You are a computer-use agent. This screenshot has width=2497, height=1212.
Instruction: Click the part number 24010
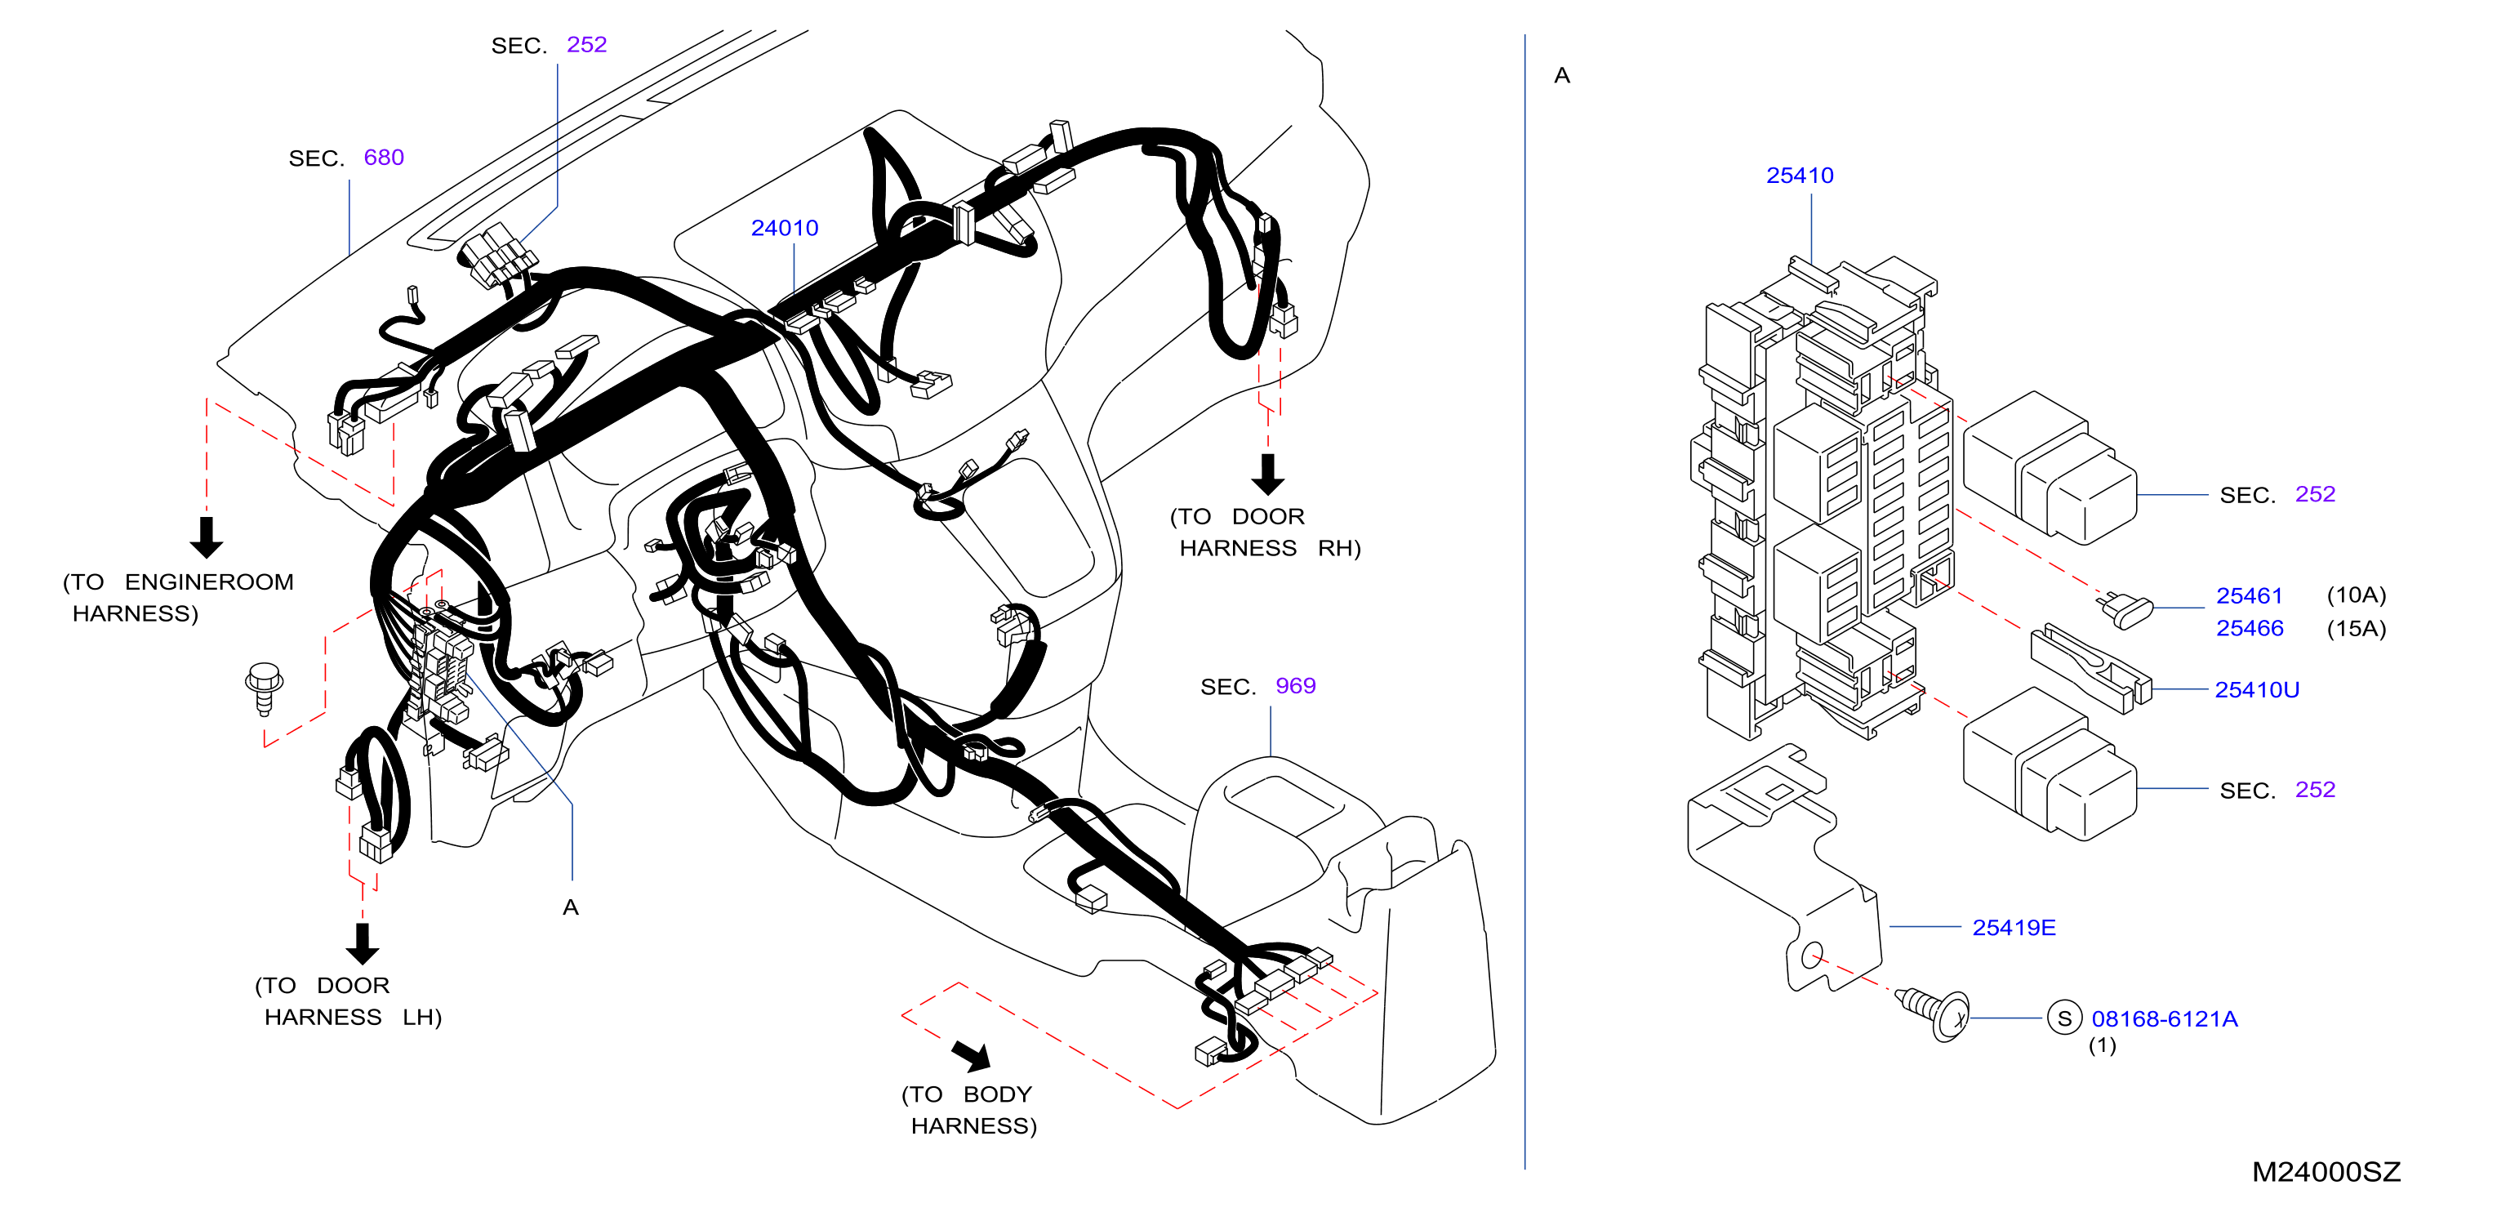pyautogui.click(x=784, y=228)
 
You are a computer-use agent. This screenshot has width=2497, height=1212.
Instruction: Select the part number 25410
pyautogui.click(x=1799, y=176)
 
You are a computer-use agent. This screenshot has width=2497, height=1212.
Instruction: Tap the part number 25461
pyautogui.click(x=2249, y=595)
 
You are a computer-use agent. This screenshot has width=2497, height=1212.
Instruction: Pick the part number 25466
pyautogui.click(x=2249, y=628)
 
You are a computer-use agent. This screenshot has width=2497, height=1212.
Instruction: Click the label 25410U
pyautogui.click(x=2257, y=689)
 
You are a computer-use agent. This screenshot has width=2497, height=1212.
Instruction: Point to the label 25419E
pyautogui.click(x=2014, y=927)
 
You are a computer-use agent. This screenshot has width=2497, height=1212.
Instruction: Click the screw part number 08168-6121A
pyautogui.click(x=2164, y=1018)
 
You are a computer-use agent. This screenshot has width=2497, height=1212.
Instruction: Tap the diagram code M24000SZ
pyautogui.click(x=2326, y=1171)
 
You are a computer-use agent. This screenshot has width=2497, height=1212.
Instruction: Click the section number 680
pyautogui.click(x=384, y=157)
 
